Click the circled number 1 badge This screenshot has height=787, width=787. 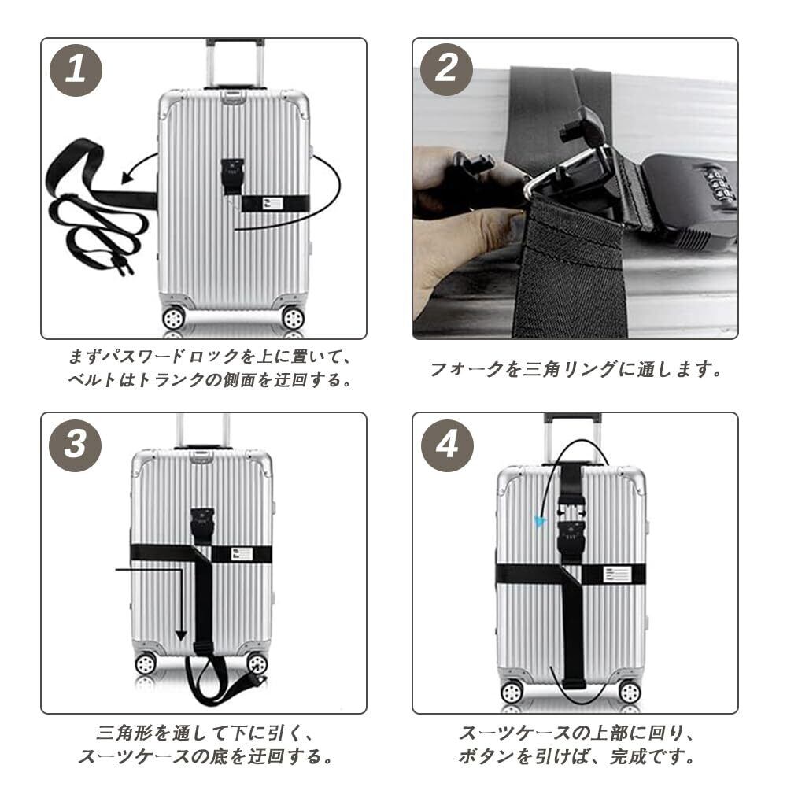[76, 70]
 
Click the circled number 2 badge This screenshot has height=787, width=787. [446, 70]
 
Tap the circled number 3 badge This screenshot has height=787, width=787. [76, 445]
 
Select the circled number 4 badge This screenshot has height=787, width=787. [447, 445]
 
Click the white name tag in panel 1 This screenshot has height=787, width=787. [272, 203]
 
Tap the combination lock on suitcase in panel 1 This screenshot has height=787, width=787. [232, 176]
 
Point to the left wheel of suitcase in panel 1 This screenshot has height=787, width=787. [173, 318]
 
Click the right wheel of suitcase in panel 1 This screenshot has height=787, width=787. [293, 318]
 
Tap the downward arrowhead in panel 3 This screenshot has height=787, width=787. [181, 635]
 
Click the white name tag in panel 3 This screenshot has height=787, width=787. [242, 554]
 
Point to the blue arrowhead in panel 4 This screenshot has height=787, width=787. [540, 521]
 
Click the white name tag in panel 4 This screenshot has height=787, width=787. [616, 575]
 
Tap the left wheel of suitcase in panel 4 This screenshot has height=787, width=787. [512, 693]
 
